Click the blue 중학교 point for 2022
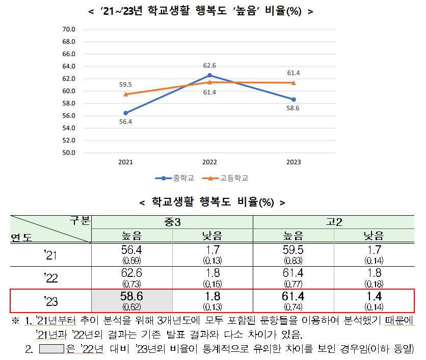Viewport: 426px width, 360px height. pos(209,75)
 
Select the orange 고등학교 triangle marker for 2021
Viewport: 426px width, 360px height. pos(125,94)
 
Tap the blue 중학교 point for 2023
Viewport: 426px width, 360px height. pos(294,99)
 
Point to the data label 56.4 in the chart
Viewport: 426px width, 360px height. pos(125,122)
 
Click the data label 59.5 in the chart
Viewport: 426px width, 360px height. pos(125,85)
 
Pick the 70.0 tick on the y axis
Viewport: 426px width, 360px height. pos(68,29)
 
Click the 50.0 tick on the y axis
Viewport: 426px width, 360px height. pos(68,152)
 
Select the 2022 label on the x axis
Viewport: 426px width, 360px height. pos(209,162)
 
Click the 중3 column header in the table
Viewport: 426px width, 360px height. pos(172,222)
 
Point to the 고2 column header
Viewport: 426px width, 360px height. pos(334,222)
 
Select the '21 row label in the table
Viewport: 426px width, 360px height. pos(51,254)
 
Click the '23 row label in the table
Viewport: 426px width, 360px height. pos(51,301)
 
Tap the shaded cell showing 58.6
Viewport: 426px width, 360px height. pos(131,300)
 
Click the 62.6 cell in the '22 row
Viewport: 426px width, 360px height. pos(131,277)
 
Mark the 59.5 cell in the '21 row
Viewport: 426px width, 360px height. pos(293,253)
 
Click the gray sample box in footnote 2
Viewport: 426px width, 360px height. pos(51,349)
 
